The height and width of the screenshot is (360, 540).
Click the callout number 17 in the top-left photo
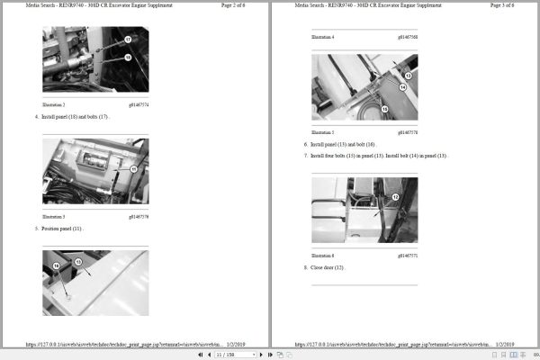pos(128,40)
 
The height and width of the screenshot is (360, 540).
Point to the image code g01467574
pos(139,104)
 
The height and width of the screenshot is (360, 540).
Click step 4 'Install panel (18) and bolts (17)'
pos(76,117)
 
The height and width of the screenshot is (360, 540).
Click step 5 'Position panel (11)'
pos(62,229)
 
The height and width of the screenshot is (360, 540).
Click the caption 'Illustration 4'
pos(323,37)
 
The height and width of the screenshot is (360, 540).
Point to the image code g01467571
pos(407,256)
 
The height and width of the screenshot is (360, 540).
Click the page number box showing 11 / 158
pos(227,355)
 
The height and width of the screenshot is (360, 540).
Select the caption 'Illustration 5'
pos(323,131)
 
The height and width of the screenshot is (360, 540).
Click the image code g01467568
pos(407,37)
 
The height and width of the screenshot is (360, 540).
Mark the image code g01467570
pos(407,131)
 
